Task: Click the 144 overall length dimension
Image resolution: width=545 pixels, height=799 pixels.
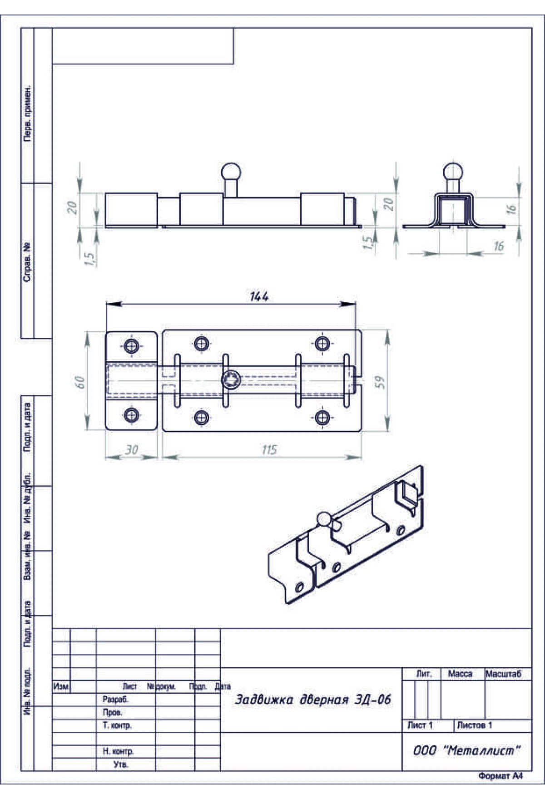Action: point(259,296)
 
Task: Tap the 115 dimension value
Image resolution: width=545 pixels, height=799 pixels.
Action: point(269,450)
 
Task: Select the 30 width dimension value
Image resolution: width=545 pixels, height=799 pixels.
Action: point(132,450)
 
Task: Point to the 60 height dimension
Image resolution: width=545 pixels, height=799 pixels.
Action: point(80,381)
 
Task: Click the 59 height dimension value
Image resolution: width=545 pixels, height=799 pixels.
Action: point(381,382)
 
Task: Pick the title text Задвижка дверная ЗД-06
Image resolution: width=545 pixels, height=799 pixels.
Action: point(312,700)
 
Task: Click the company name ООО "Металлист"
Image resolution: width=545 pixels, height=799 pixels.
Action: point(466,750)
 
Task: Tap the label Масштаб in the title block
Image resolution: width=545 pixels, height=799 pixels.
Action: point(503,674)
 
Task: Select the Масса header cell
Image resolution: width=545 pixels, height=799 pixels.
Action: point(460,674)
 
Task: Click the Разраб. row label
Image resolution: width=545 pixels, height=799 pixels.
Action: point(115,700)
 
